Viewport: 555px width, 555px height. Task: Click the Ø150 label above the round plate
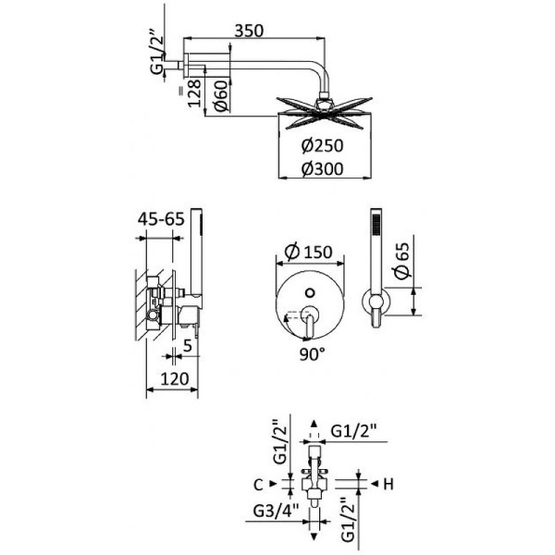point(307,253)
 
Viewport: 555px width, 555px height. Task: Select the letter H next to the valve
point(389,483)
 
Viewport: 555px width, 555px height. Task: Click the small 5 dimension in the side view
point(187,345)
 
